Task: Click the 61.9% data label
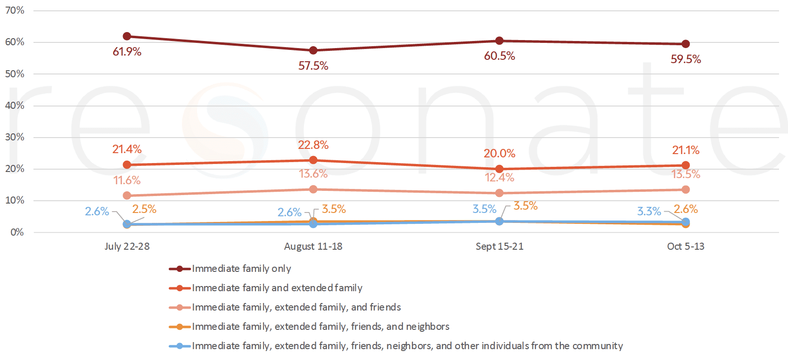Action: pos(127,52)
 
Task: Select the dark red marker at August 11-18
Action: pos(313,50)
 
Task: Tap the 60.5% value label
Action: pos(500,56)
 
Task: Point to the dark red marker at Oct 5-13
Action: pos(686,44)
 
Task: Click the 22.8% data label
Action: pos(313,145)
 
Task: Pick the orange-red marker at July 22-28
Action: pos(127,164)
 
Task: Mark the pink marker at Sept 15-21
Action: pos(500,193)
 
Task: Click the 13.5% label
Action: pos(686,174)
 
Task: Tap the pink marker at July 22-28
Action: pos(127,196)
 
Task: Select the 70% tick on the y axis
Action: pos(15,10)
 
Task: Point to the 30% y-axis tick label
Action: pos(15,137)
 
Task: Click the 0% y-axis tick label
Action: pos(17,232)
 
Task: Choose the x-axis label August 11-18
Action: pos(313,246)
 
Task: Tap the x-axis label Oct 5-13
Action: pos(686,246)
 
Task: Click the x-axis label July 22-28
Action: pos(127,246)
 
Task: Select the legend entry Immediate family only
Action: pos(241,269)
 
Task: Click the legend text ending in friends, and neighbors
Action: pos(320,327)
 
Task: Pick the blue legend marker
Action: pos(180,346)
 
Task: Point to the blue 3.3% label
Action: pos(649,212)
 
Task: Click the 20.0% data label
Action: pos(500,154)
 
